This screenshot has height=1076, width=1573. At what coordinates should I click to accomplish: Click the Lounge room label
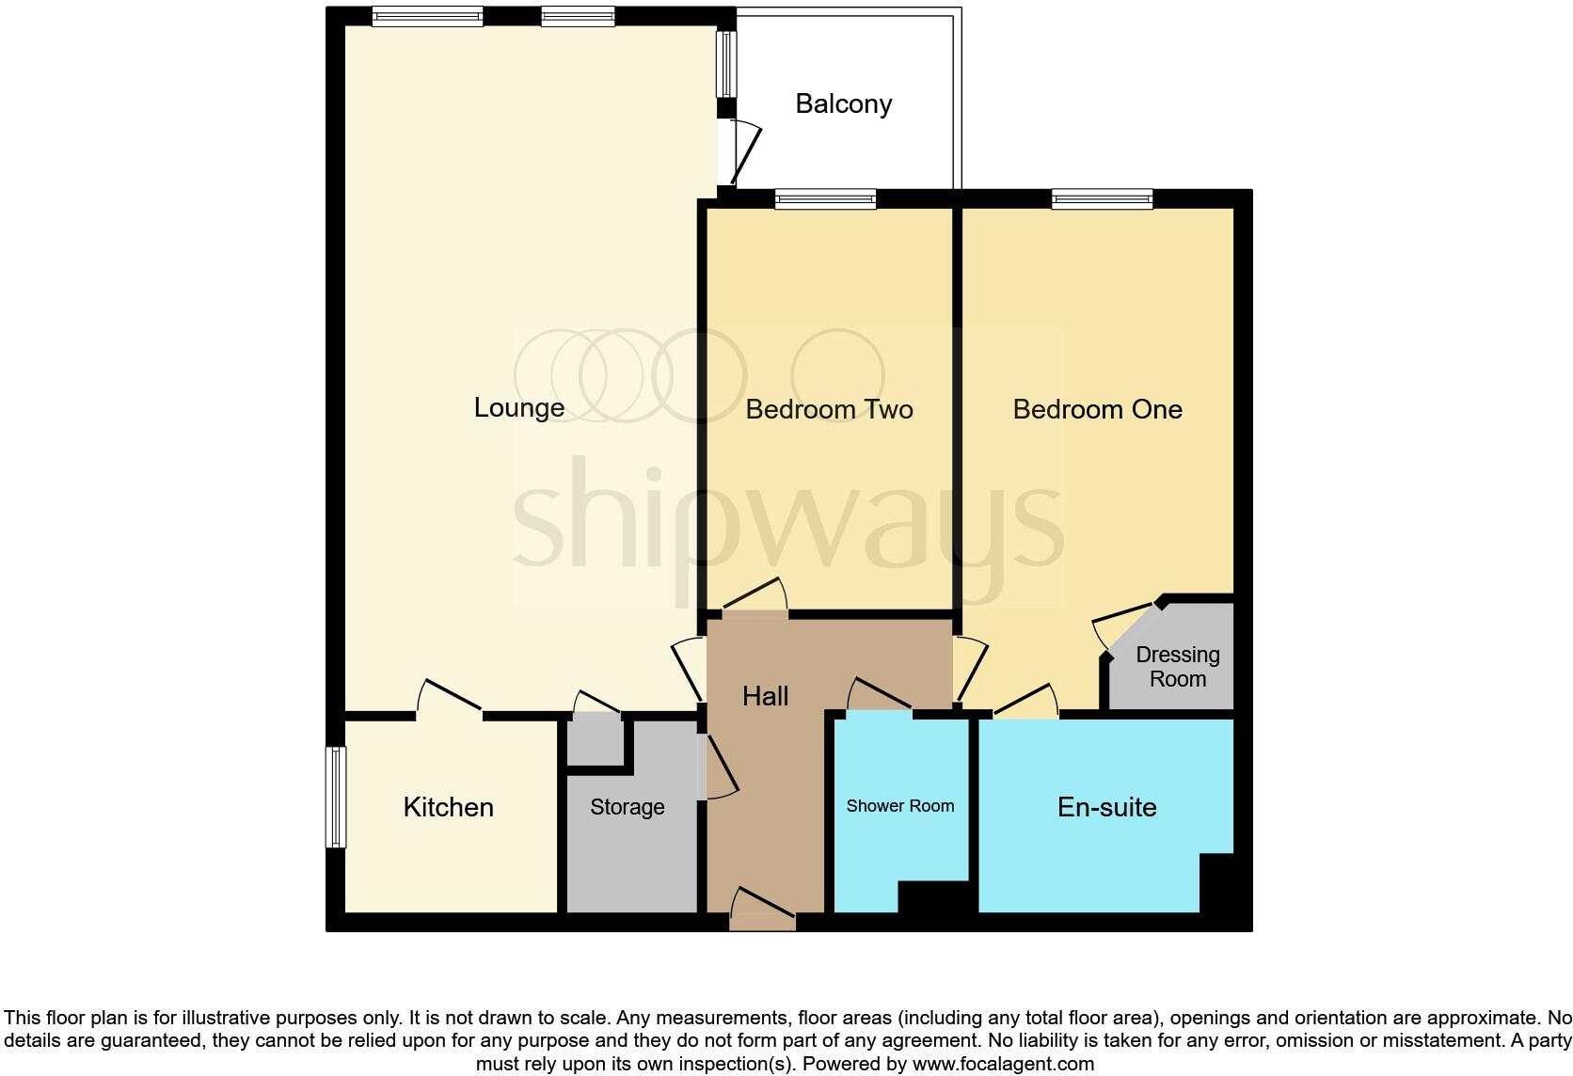(519, 407)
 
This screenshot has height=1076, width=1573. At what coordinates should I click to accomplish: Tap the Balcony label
(843, 103)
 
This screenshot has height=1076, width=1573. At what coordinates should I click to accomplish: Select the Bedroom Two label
(829, 409)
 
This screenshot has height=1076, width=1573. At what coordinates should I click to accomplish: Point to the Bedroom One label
(1097, 409)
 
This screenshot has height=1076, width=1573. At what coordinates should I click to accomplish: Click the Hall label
(765, 696)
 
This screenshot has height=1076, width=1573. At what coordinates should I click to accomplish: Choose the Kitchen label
(448, 807)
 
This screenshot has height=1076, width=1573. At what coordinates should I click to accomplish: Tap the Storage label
(627, 807)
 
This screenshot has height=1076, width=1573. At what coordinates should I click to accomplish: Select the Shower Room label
(899, 806)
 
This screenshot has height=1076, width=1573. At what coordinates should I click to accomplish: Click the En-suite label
(1106, 807)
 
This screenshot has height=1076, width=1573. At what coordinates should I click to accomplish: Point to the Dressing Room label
(1177, 666)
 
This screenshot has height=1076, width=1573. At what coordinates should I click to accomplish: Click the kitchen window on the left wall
(336, 797)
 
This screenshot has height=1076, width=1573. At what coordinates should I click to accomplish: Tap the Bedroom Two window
(825, 198)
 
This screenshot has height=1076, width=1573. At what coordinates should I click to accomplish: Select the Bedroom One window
(1102, 198)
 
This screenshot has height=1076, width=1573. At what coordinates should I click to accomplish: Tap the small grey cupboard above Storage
(596, 741)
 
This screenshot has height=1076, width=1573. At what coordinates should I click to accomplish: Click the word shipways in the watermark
(788, 517)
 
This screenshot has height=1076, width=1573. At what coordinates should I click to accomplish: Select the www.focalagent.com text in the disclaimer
(1003, 1064)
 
